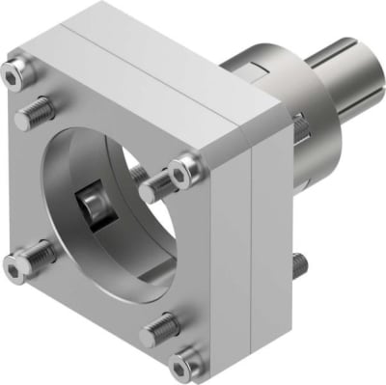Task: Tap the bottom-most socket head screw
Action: [182, 364]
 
